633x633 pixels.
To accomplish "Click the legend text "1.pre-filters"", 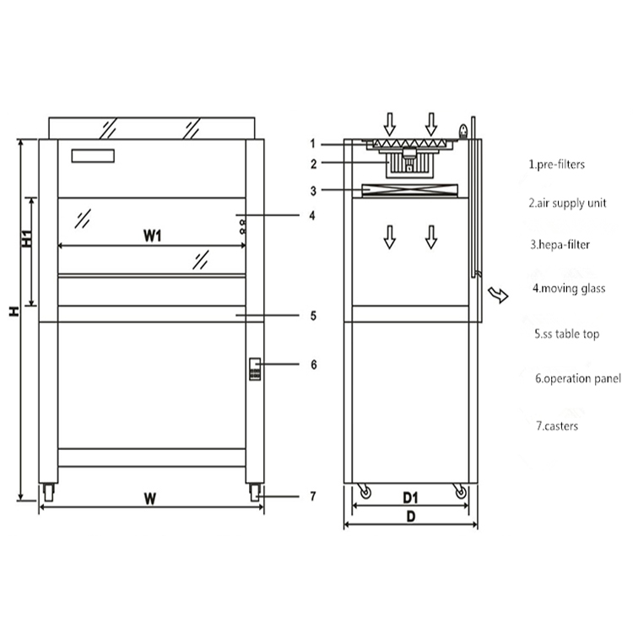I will tap(556, 165).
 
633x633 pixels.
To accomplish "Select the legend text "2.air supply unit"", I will tap(567, 203).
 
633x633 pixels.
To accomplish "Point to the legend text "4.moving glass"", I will tap(568, 289).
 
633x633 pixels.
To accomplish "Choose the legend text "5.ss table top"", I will tap(566, 334).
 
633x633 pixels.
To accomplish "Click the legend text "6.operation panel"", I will tap(577, 379).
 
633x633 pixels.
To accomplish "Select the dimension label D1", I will tap(411, 495).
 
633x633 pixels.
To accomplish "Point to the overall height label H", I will tap(14, 311).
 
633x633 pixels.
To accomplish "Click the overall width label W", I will tap(149, 498).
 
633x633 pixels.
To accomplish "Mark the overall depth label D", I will tap(411, 517).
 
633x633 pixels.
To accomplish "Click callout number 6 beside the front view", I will tap(313, 365).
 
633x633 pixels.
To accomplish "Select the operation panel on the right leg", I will tap(255, 369).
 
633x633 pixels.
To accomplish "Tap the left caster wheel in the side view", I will tap(364, 491).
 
